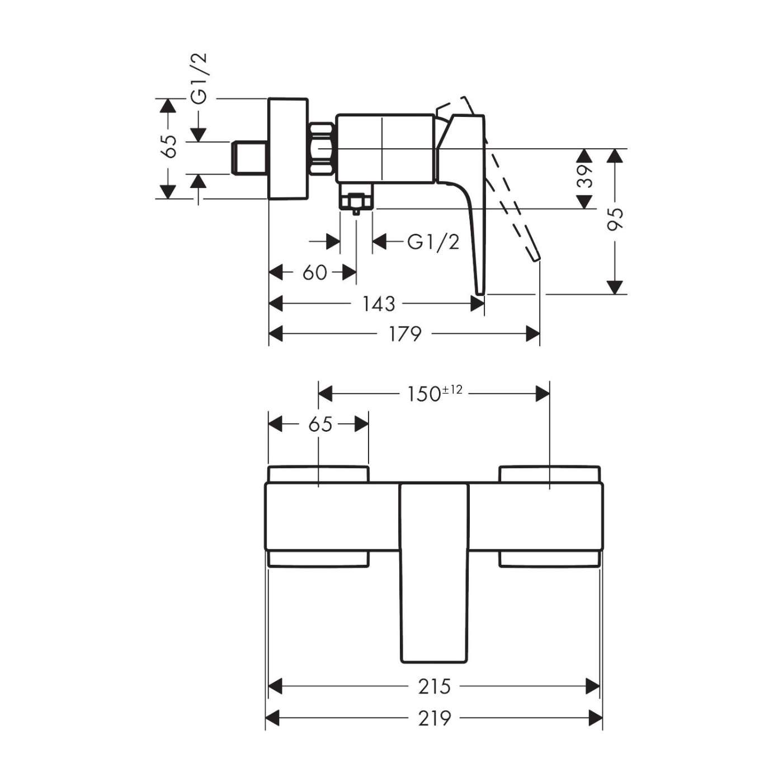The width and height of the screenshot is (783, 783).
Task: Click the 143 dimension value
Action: point(379,304)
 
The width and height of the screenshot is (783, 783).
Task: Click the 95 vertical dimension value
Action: point(615,219)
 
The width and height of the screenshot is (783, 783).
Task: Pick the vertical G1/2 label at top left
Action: point(199,78)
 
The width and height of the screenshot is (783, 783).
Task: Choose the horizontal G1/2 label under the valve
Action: point(433,242)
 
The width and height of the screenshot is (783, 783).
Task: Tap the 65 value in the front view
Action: point(320,424)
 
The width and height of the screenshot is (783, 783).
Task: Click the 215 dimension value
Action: point(435,686)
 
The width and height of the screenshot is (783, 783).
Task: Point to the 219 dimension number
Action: point(435,718)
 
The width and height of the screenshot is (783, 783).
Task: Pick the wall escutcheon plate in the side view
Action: point(288,149)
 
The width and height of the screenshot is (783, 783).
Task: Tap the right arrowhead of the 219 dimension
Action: point(596,718)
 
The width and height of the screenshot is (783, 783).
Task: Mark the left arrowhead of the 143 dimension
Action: point(276,304)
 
